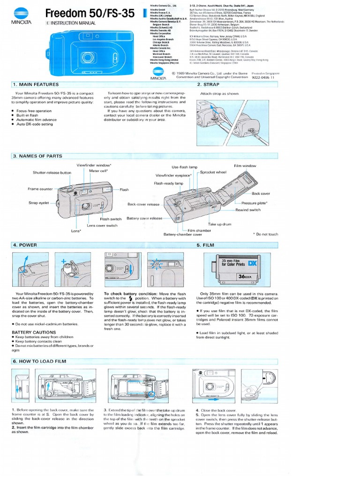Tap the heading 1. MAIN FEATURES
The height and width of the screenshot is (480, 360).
(x=36, y=84)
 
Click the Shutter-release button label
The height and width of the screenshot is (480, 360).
(x=52, y=172)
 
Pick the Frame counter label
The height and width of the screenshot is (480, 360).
(x=40, y=189)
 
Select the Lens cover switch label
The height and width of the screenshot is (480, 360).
(x=102, y=225)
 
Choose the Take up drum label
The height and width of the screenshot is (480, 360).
(x=219, y=225)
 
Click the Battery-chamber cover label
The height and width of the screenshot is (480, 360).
(x=182, y=234)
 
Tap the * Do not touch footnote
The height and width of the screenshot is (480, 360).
(x=265, y=234)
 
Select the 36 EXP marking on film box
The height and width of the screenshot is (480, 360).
(x=246, y=277)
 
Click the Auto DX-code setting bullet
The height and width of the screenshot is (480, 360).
(x=34, y=124)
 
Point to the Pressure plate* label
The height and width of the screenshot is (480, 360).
(x=254, y=202)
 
